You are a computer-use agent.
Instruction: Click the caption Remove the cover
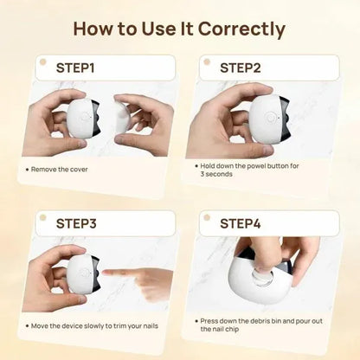pyautogui.click(x=61, y=169)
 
